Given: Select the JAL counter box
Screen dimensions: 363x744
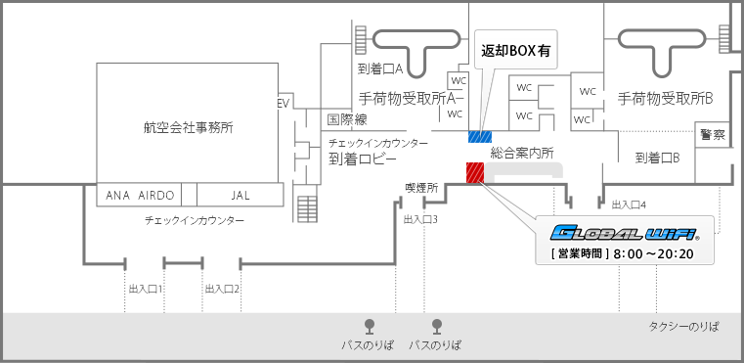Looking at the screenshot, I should [x=241, y=195].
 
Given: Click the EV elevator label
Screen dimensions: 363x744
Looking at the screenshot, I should [x=284, y=103].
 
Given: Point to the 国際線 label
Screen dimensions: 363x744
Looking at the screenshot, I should [x=346, y=119].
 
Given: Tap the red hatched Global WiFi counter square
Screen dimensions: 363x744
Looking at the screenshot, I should [x=475, y=171].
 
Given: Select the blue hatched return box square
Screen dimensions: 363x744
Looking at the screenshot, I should [x=479, y=136].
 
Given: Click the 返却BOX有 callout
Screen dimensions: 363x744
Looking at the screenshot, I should [x=514, y=51].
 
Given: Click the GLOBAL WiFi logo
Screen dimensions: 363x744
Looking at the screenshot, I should [x=625, y=234].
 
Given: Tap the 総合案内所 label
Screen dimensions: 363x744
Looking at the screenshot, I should [x=523, y=153].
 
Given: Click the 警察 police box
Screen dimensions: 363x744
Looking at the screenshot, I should [x=712, y=134].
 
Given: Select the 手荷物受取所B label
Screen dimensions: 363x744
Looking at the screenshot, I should [x=665, y=98].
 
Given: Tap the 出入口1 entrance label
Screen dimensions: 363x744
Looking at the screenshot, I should [x=145, y=289].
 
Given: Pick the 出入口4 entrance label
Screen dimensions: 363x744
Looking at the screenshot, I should [x=629, y=204].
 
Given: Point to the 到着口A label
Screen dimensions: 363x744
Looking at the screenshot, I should [x=380, y=69].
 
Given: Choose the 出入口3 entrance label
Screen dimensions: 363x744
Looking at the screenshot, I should [x=420, y=219].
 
